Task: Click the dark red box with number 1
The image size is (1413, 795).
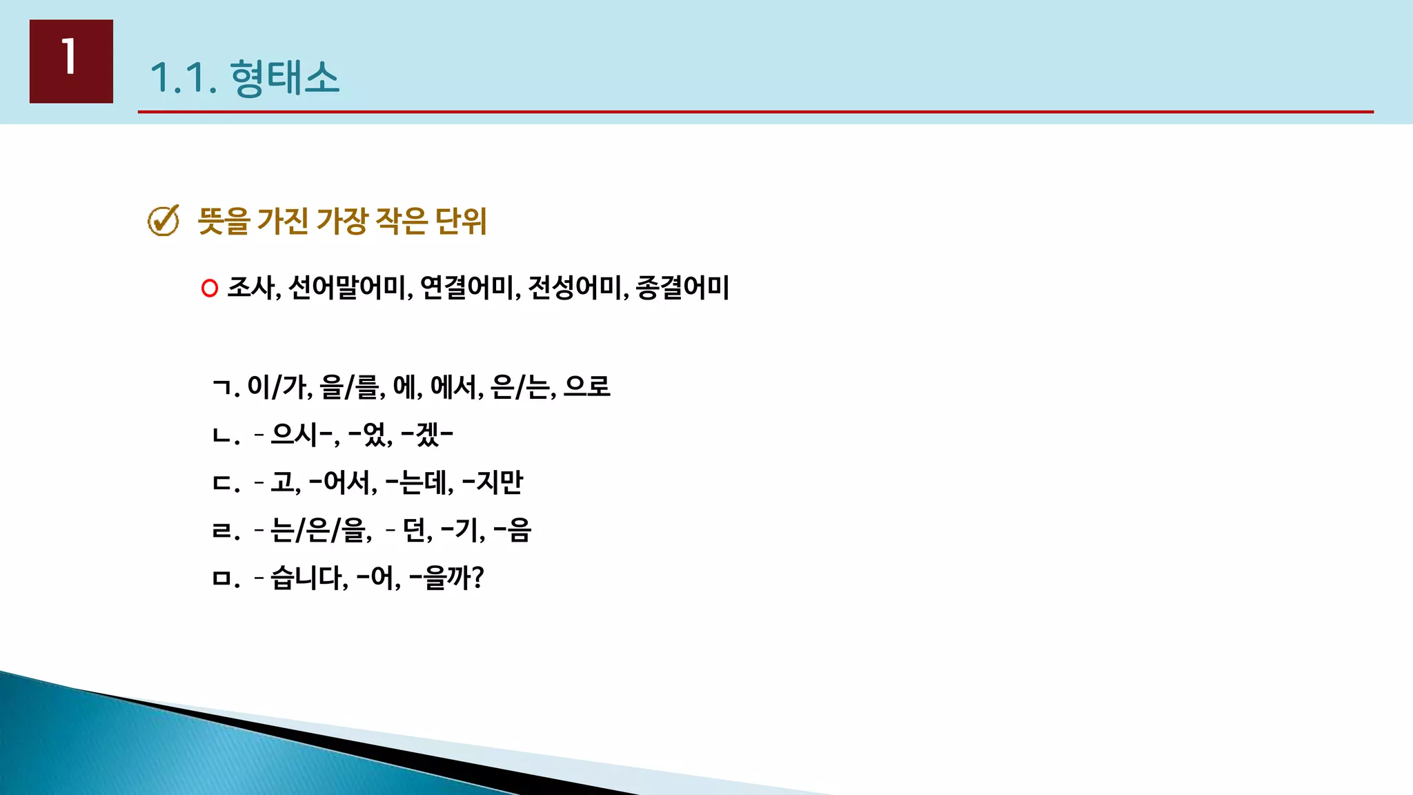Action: coord(71,61)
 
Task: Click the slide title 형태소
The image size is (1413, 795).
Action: coord(284,77)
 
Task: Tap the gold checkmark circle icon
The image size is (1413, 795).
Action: coord(164,221)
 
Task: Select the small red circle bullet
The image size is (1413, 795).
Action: coord(210,288)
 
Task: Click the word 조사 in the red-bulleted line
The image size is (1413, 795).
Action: coord(252,287)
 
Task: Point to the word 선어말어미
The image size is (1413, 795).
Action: coord(348,287)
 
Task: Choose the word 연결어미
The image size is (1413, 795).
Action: coord(468,287)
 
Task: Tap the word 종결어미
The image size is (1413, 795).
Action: coord(682,287)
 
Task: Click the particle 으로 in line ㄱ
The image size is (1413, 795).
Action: coord(586,386)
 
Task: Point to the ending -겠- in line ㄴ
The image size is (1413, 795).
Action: coord(427,434)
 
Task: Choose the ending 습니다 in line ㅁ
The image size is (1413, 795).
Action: coord(308,578)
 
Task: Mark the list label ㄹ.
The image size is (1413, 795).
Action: coord(222,531)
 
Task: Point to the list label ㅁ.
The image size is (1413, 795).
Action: coord(222,578)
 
